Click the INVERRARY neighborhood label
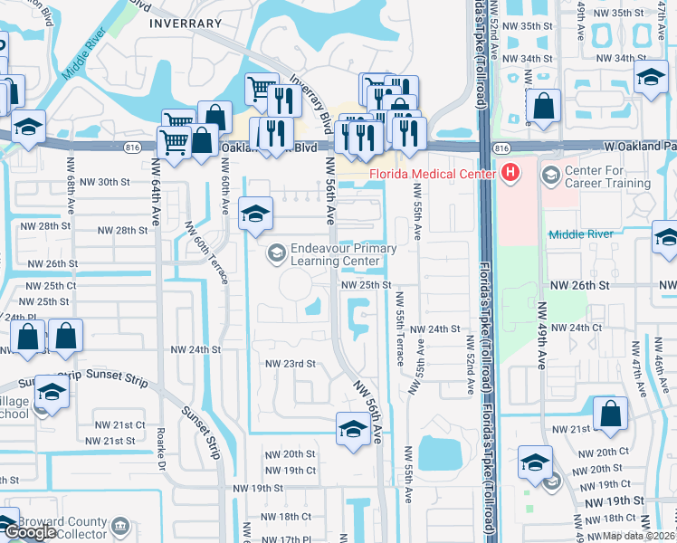tap(186, 24)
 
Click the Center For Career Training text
tap(607, 176)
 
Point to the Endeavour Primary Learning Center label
tap(343, 254)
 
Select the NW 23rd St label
tap(289, 364)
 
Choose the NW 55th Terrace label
tap(399, 335)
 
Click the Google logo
tap(29, 532)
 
